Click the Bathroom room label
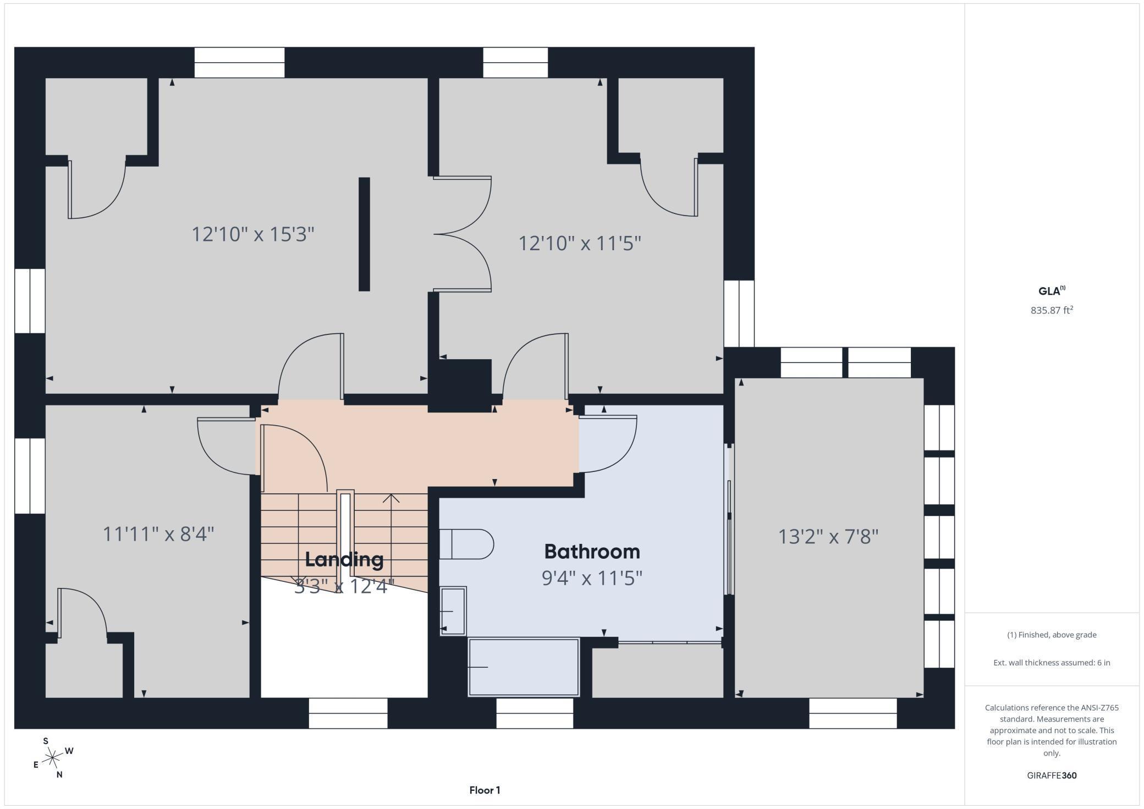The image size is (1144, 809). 592,551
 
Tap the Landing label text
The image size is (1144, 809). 344,559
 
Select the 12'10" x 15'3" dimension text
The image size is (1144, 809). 252,234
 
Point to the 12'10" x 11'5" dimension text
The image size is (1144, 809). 580,243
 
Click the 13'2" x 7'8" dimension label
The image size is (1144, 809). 828,536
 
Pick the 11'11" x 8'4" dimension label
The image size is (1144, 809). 158,533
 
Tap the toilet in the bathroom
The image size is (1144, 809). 466,544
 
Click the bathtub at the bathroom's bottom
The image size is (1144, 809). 523,667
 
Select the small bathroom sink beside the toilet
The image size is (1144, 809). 453,611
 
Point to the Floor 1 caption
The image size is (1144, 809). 485,790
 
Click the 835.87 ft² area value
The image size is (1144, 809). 1052,310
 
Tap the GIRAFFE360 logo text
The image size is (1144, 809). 1052,775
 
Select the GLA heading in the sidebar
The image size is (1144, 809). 1050,291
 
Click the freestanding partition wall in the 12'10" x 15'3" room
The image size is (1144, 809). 364,234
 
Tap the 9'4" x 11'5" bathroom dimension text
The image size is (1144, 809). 592,578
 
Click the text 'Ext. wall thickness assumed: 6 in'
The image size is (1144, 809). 1052,663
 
